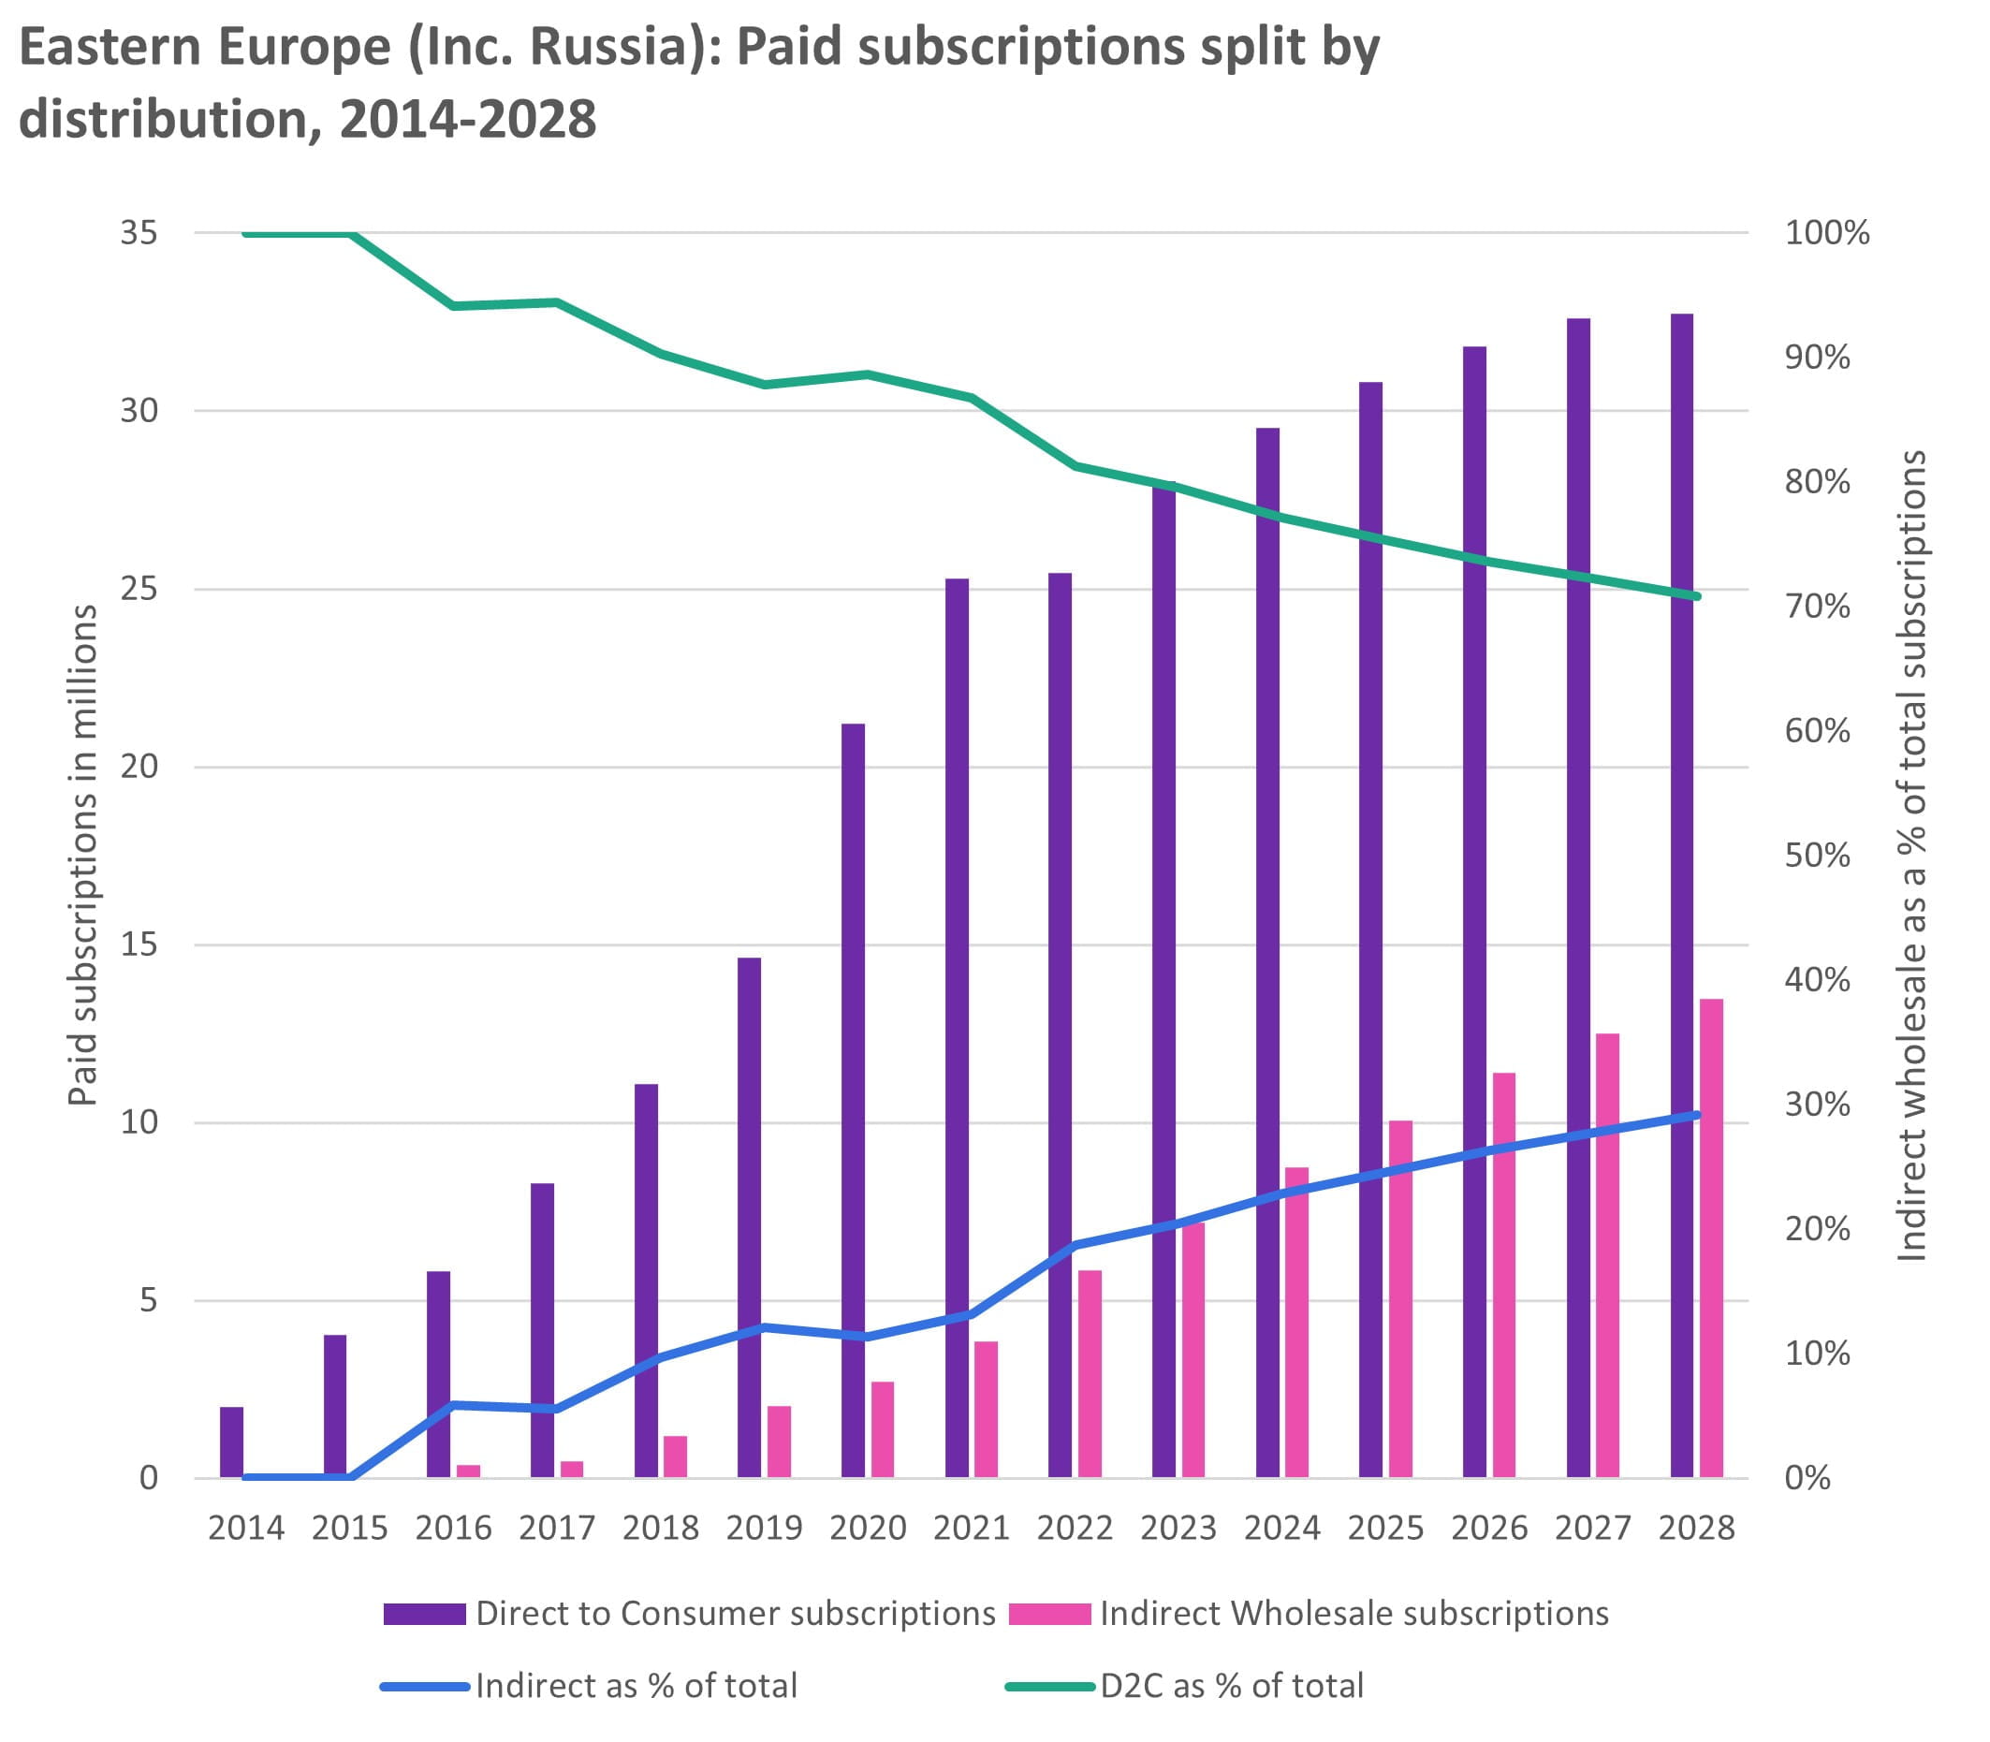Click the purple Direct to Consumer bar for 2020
pos(853,1099)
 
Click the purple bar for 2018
pos(646,1280)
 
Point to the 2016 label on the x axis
pos(453,1529)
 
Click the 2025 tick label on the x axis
pos(1385,1529)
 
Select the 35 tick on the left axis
pos(139,233)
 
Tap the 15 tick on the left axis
pos(139,944)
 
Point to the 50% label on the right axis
pos(1816,856)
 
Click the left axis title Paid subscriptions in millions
pos(83,856)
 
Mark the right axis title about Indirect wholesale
pos(1912,856)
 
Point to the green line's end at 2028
pos(1696,596)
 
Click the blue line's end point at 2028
pos(1696,1115)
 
